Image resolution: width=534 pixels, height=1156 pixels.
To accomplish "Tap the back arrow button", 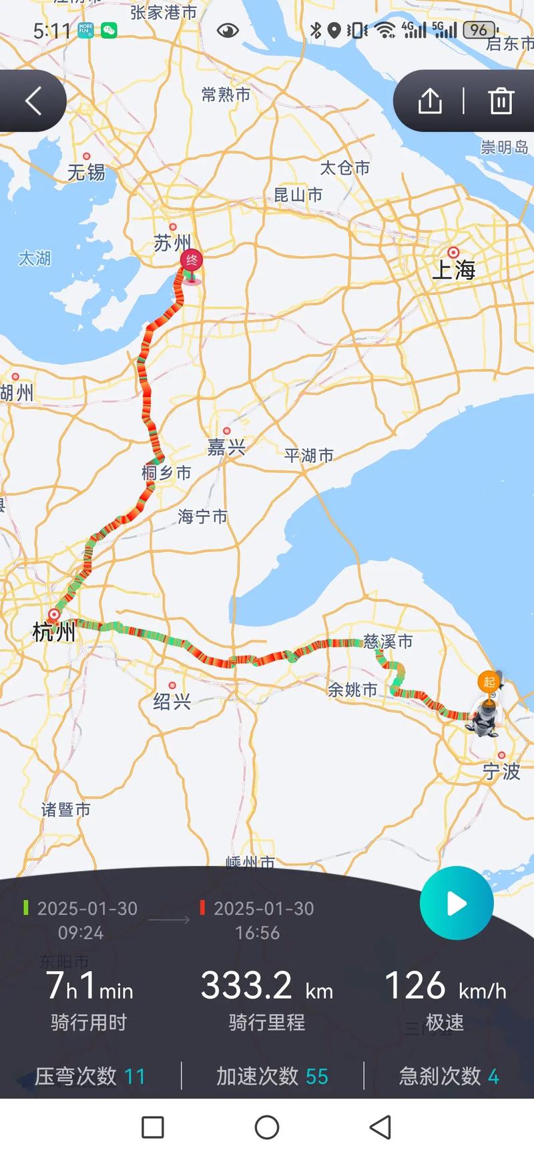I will click(x=33, y=101).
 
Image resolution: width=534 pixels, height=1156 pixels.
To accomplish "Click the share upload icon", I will click(x=430, y=101).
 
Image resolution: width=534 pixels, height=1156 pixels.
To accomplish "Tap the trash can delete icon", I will click(x=501, y=101).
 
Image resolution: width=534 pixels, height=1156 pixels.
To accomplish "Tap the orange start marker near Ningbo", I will click(x=489, y=682).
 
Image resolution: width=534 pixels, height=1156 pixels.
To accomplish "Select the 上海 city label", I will click(x=455, y=269).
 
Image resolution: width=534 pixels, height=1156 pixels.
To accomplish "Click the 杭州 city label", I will click(x=53, y=631).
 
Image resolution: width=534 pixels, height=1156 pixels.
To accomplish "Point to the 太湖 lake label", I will click(x=34, y=258).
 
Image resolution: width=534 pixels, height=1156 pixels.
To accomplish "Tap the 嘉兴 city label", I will click(x=226, y=447).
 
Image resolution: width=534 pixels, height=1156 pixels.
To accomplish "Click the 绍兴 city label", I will click(x=172, y=701).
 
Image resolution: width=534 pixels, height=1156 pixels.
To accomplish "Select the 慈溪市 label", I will click(x=388, y=642).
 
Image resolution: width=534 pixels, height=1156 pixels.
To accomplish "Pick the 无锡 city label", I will click(x=86, y=173).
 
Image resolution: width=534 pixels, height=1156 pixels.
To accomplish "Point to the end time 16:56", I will click(x=257, y=933).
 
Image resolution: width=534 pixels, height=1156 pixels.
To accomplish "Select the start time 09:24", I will click(x=81, y=933).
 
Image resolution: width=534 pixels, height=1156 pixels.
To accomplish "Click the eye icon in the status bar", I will click(x=228, y=30).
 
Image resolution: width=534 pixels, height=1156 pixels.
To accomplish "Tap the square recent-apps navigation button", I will click(x=153, y=1128).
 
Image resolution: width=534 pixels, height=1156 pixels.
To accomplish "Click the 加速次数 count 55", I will click(x=317, y=1077).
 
